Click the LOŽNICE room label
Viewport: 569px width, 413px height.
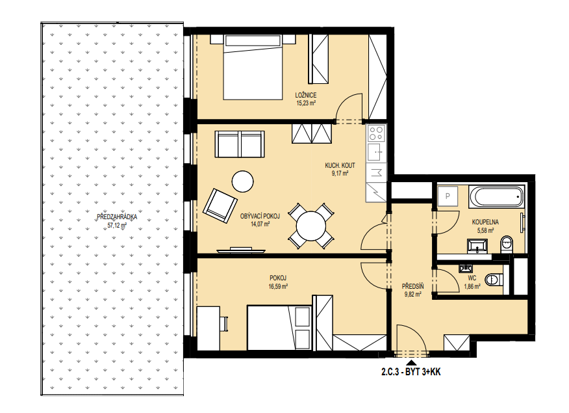[x=305, y=95]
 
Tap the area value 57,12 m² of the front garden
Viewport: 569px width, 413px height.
[x=117, y=225]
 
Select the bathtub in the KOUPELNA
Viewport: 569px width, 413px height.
[x=497, y=197]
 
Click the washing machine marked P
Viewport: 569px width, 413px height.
[x=448, y=196]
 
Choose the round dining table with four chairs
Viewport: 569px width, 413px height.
[x=311, y=226]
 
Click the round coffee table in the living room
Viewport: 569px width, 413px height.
[x=242, y=181]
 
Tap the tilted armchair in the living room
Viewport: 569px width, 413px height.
[x=220, y=206]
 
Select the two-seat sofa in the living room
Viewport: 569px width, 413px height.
[x=240, y=144]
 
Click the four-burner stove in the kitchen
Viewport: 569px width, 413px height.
[x=376, y=133]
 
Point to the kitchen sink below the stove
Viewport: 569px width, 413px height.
[x=375, y=152]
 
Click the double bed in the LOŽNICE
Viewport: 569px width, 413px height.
[x=253, y=67]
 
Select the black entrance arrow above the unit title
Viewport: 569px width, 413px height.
[x=411, y=362]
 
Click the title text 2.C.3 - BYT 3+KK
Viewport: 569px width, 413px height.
[x=411, y=371]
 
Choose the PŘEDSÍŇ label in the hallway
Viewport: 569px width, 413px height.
[x=412, y=287]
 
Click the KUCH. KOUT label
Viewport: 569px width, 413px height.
[x=340, y=165]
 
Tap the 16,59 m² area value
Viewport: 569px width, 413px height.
[x=279, y=286]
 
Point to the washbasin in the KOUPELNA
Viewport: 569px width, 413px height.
[x=478, y=246]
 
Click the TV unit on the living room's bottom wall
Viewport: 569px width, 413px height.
[x=241, y=250]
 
